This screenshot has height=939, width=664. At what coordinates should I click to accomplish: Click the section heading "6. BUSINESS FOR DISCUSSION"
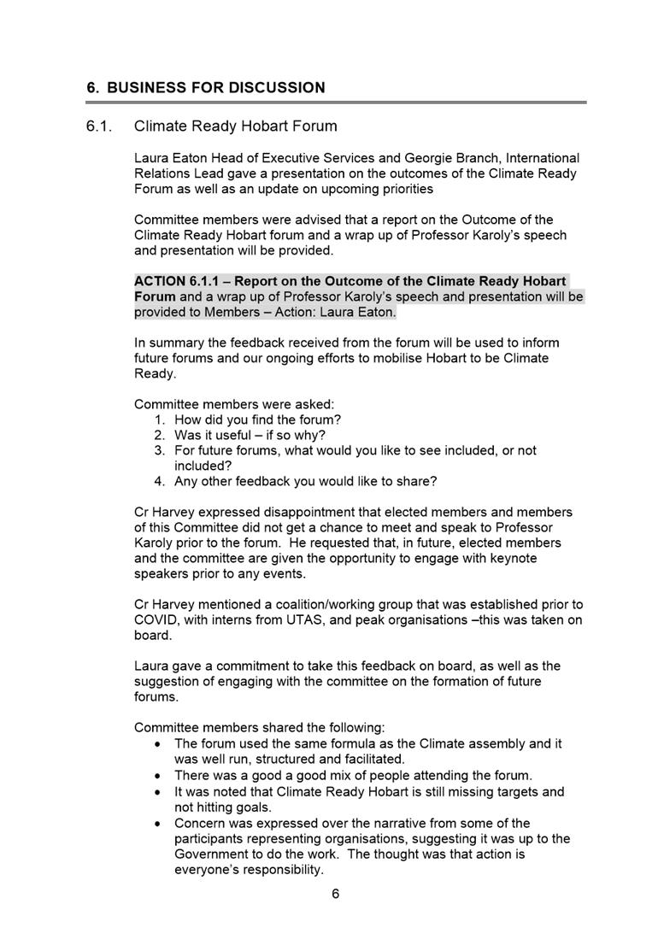[x=206, y=88]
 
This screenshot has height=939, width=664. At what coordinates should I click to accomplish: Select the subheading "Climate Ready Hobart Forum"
[x=235, y=126]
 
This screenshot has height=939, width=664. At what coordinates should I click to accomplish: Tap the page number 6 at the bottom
[x=336, y=894]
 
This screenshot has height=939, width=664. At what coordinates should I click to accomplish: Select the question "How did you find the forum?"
[x=257, y=420]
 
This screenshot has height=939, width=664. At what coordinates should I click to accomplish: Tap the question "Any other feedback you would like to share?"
[x=305, y=481]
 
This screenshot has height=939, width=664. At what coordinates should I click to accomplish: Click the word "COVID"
[x=156, y=620]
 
